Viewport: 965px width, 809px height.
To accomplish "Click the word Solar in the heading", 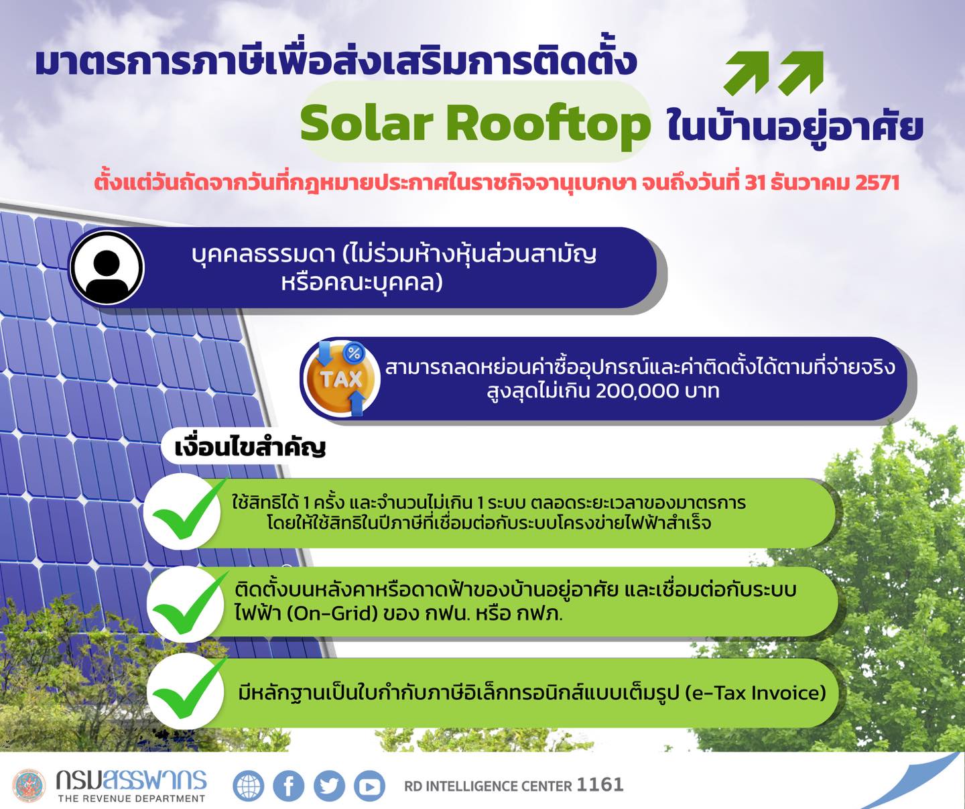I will (367, 123).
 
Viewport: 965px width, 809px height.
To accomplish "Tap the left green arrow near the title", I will (747, 73).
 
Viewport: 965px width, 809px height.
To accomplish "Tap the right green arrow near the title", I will (801, 73).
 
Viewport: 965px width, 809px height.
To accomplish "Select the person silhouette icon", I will (107, 268).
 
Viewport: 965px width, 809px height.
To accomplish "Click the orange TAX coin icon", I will (341, 379).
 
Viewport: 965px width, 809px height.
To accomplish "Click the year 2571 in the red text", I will (877, 182).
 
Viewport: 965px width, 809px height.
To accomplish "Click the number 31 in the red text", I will (755, 182).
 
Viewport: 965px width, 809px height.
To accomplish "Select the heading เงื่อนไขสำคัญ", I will (250, 447).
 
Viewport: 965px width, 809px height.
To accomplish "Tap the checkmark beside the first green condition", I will (185, 511).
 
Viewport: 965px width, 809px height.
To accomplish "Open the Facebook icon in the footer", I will (289, 786).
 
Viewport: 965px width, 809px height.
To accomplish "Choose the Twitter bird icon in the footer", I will (329, 786).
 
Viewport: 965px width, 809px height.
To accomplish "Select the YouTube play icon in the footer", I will (369, 786).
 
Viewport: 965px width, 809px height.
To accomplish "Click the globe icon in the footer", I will (249, 786).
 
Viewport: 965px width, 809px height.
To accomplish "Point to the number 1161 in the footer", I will (600, 784).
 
